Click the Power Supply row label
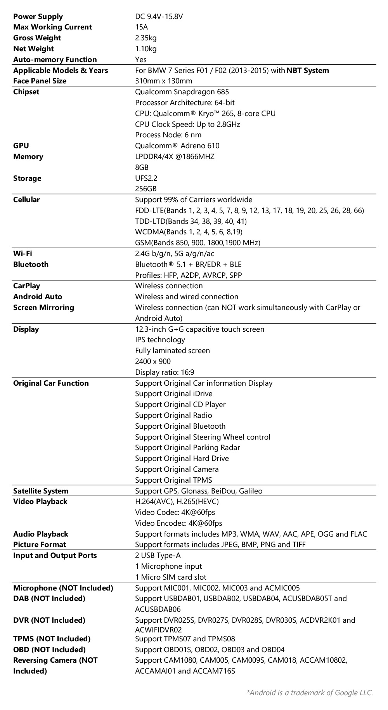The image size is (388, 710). (x=38, y=16)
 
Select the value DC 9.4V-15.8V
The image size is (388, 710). (x=159, y=16)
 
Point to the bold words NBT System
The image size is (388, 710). (x=308, y=71)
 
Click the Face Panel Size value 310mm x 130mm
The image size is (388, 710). (x=163, y=81)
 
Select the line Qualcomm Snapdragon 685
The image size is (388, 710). (x=182, y=92)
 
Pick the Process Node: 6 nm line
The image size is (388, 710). (x=168, y=135)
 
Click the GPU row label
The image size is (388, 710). (x=21, y=146)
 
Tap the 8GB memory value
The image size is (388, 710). (x=142, y=168)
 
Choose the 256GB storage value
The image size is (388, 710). (x=145, y=189)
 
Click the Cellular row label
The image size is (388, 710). (x=26, y=200)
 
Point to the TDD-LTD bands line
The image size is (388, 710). (x=191, y=221)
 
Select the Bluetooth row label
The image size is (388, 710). (x=31, y=265)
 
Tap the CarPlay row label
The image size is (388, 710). (x=26, y=286)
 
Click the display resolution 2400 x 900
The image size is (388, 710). (x=152, y=362)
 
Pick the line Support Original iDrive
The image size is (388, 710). (x=173, y=394)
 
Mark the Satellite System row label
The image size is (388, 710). (x=40, y=491)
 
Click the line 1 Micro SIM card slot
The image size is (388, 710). (x=170, y=577)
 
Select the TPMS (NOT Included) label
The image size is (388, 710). (x=52, y=639)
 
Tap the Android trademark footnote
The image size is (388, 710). (x=309, y=693)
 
